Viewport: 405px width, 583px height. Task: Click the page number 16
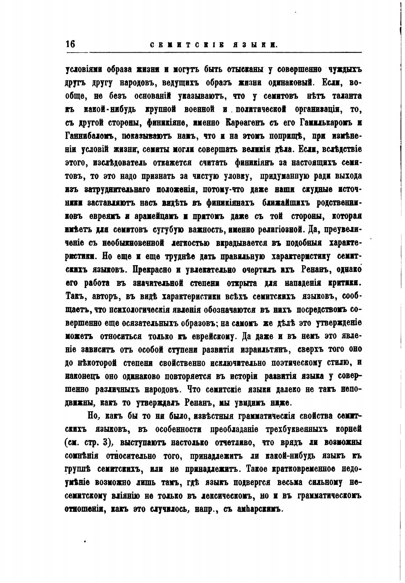click(70, 44)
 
